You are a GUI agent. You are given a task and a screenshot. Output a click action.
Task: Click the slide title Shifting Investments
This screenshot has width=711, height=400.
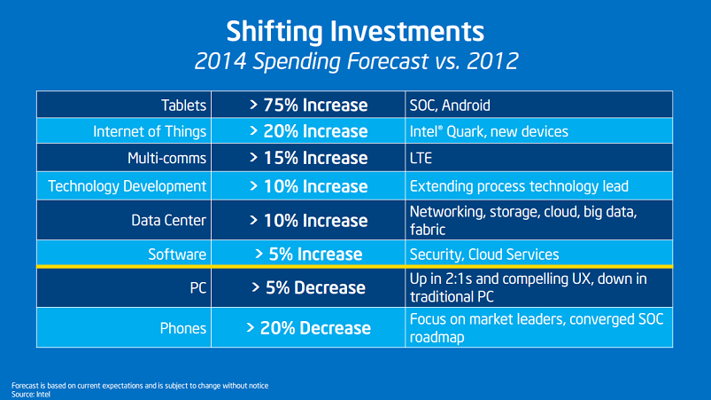(x=355, y=30)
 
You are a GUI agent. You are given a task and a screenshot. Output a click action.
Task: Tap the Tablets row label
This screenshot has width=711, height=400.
(x=184, y=106)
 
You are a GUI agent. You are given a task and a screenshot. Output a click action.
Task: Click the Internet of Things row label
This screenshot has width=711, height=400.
(x=150, y=131)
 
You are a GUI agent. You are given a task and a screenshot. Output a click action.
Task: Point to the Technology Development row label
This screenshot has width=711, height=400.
(x=128, y=186)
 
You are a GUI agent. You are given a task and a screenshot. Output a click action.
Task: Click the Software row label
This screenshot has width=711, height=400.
(x=177, y=255)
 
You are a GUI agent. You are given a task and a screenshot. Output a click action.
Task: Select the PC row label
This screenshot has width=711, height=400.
(x=197, y=287)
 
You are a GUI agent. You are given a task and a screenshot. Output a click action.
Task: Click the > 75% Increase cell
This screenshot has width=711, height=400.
(x=308, y=106)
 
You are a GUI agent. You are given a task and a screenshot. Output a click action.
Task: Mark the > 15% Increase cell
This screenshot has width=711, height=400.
(x=308, y=158)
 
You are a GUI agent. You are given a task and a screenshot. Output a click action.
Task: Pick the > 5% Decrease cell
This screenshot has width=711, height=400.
(x=308, y=287)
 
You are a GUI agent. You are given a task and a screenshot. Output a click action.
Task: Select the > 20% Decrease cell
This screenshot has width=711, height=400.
(x=308, y=327)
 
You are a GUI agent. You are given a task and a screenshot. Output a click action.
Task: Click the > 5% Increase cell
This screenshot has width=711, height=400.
(x=308, y=255)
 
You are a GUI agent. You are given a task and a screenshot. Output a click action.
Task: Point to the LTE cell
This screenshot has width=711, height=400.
(x=421, y=158)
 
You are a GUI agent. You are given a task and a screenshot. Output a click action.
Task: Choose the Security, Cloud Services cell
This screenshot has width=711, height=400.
(x=483, y=255)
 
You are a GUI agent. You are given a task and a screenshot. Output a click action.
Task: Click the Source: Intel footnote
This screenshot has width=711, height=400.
(x=31, y=393)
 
